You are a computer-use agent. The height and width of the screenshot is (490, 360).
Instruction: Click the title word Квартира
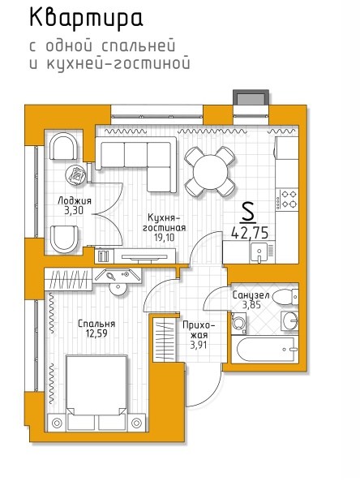(x=86, y=19)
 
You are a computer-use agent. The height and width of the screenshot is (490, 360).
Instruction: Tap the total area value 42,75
(x=250, y=233)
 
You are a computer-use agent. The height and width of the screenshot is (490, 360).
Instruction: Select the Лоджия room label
(x=75, y=201)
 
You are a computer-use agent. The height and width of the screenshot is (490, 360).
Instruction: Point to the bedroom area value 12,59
(x=96, y=333)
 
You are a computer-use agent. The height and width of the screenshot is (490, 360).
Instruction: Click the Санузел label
(x=251, y=295)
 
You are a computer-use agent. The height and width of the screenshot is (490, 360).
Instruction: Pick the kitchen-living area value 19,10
(x=165, y=238)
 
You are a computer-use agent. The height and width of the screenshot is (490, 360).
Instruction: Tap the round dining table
(x=210, y=171)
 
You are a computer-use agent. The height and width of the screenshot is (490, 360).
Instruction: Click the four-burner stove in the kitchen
(x=288, y=200)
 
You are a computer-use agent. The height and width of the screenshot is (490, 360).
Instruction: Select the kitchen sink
(x=259, y=253)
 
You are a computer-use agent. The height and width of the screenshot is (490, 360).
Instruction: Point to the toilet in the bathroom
(x=285, y=297)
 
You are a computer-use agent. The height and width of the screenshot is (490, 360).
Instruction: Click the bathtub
(x=265, y=350)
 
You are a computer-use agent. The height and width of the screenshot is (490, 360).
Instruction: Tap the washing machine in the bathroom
(x=238, y=323)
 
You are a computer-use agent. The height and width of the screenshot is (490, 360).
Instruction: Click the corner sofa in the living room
(x=136, y=165)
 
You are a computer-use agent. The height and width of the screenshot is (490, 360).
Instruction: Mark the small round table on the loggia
(x=76, y=175)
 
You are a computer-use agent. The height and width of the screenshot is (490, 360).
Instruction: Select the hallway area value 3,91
(x=199, y=345)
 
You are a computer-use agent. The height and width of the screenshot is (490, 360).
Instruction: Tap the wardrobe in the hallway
(x=164, y=340)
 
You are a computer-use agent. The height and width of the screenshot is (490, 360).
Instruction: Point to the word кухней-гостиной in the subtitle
(x=118, y=63)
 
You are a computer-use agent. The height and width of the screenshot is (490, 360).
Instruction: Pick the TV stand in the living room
(x=144, y=256)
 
